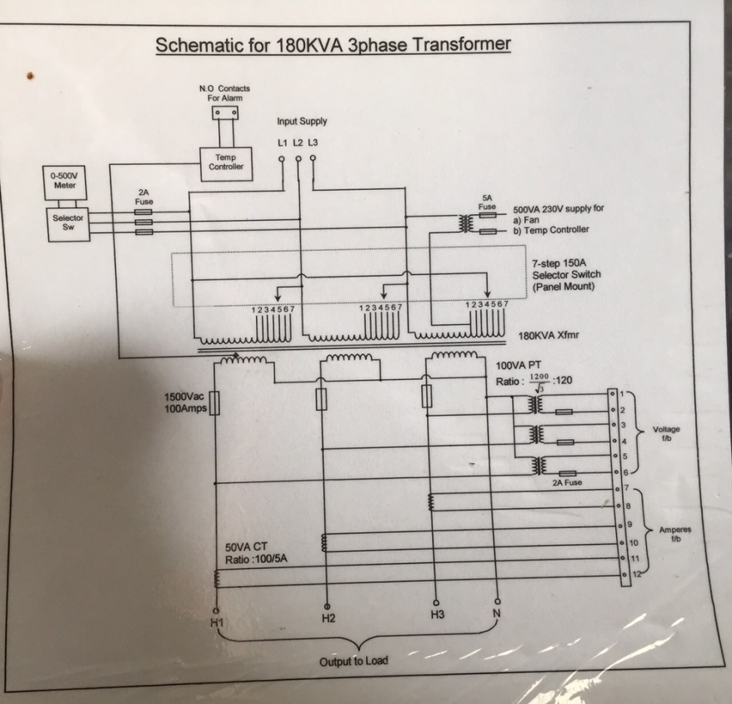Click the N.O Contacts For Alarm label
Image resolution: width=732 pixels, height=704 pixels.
[x=223, y=92]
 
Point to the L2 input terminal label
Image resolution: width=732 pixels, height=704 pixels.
[x=298, y=142]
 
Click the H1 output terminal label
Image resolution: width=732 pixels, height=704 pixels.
[x=218, y=622]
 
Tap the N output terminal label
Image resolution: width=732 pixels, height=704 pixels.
[x=497, y=615]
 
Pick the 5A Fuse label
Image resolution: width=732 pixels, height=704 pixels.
[x=488, y=202]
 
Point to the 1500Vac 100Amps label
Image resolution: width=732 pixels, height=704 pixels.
[x=184, y=402]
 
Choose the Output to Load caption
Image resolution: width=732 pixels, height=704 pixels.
[x=353, y=662]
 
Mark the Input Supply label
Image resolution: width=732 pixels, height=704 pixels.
[x=302, y=121]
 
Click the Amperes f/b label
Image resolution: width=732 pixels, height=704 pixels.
[x=674, y=533]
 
